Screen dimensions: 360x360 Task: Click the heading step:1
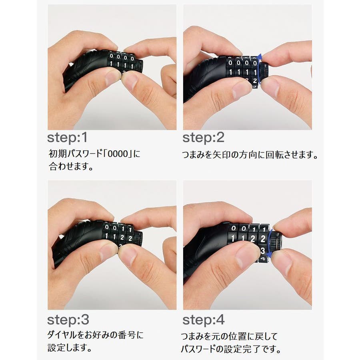pyautogui.click(x=67, y=138)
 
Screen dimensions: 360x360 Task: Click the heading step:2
pyautogui.click(x=203, y=138)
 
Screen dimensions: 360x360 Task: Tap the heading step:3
pyautogui.click(x=68, y=320)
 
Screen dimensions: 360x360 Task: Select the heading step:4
pyautogui.click(x=204, y=320)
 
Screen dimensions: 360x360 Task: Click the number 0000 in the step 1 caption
pyautogui.click(x=118, y=154)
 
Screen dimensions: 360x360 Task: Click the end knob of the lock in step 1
pyautogui.click(x=139, y=66)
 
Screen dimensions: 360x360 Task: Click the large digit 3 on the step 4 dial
pyautogui.click(x=263, y=251)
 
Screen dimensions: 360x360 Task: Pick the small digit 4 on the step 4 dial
pyautogui.click(x=263, y=259)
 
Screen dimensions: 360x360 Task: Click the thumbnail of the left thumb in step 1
pyautogui.click(x=112, y=77)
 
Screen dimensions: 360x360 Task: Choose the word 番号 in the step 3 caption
pyautogui.click(x=127, y=335)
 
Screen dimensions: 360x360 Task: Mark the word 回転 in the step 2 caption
pyautogui.click(x=274, y=155)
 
